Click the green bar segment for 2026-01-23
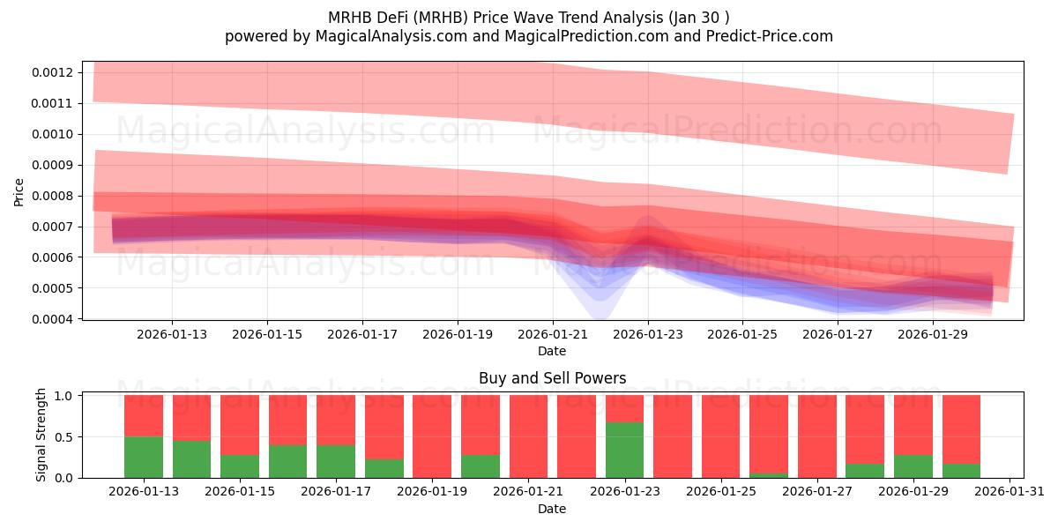coord(624,450)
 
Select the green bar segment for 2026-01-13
coord(144,457)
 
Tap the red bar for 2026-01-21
coord(528,436)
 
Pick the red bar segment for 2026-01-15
coord(240,425)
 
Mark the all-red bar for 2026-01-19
coord(432,436)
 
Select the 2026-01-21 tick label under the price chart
coord(553,335)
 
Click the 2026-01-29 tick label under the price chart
coord(934,335)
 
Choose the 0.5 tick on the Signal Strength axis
coord(65,436)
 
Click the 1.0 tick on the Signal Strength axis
coord(65,396)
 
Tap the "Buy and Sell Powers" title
coord(552,378)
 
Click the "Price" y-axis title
coord(19,191)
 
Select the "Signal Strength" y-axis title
coord(41,436)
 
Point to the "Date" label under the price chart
coord(552,351)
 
